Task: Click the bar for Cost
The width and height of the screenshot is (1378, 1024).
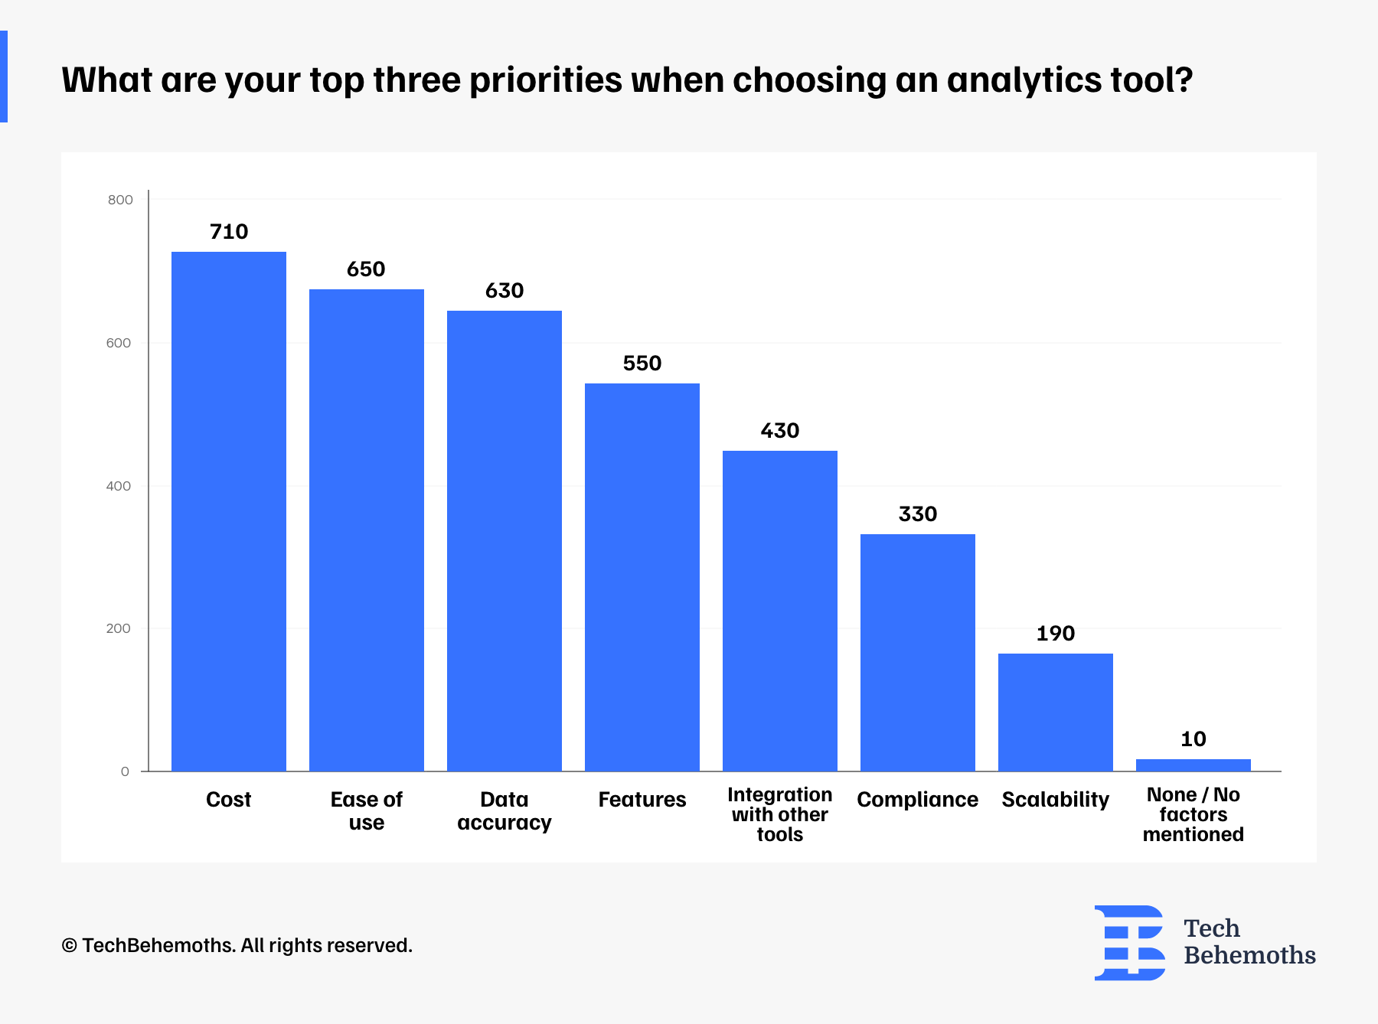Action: [229, 511]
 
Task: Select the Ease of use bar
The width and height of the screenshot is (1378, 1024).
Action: [367, 530]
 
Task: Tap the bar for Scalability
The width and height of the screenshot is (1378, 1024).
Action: [1056, 713]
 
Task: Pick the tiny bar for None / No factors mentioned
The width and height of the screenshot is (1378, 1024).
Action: [1194, 765]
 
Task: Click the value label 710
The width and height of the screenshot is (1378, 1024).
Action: [229, 232]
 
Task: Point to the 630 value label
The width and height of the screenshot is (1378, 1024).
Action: [505, 291]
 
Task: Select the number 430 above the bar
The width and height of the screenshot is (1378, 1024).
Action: [780, 431]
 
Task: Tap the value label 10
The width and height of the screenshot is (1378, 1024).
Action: [1194, 739]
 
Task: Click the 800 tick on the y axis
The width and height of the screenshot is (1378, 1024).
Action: [120, 200]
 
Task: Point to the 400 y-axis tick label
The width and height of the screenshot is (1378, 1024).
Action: [119, 486]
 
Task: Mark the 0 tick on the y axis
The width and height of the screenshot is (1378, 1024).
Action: [125, 771]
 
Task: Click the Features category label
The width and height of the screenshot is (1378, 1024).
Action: [642, 800]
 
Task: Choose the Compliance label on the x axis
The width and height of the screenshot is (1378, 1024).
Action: [918, 801]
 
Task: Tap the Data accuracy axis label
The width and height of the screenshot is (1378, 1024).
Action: [505, 811]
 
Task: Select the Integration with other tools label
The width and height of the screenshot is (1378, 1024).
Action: [780, 814]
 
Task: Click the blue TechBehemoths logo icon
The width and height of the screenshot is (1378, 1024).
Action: [1129, 943]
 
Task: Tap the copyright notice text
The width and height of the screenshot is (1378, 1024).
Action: [237, 946]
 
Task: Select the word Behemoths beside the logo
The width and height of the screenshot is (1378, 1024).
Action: [1249, 956]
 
